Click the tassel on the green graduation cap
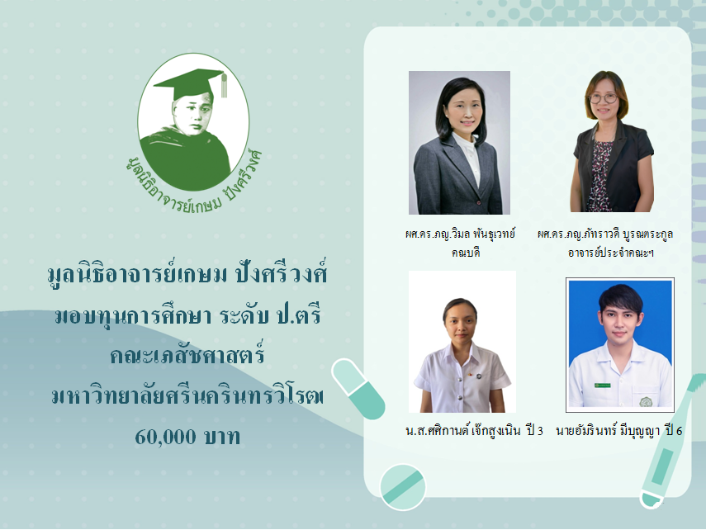[224, 85]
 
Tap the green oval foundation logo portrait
[193, 122]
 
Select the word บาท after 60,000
[222, 437]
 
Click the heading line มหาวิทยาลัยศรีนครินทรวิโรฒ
[187, 395]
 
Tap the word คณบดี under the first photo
[466, 252]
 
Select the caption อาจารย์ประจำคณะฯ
[610, 253]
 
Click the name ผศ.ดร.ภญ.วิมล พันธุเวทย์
[460, 234]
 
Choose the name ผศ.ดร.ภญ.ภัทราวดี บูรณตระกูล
[605, 234]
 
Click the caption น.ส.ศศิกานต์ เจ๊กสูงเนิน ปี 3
[475, 431]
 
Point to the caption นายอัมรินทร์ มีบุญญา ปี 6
[619, 431]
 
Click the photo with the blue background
[620, 344]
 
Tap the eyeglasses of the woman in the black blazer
[604, 98]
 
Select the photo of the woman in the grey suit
[459, 142]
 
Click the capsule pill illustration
[358, 389]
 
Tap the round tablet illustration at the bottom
[403, 487]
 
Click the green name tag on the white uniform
[603, 386]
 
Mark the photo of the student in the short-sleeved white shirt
[462, 342]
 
